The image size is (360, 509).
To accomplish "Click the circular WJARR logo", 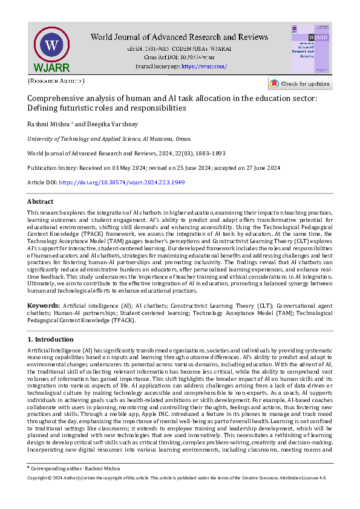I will [x=52, y=47].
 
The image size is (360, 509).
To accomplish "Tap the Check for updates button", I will [x=300, y=83].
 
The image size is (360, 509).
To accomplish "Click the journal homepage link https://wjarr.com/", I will [x=204, y=66].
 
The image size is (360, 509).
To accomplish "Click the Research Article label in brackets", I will [x=56, y=80].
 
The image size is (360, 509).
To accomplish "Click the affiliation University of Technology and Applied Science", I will [x=77, y=138].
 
